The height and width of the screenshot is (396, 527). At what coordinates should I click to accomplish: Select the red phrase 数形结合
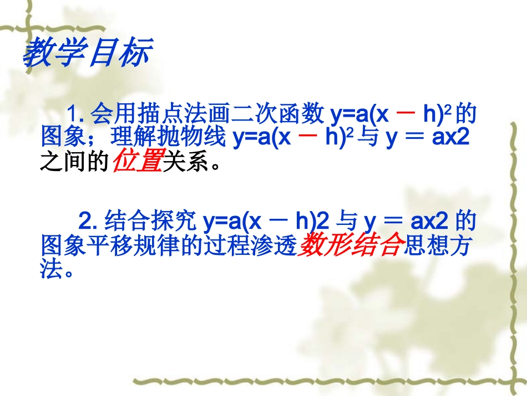click(x=349, y=247)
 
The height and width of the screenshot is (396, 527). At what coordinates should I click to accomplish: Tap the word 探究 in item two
click(x=175, y=222)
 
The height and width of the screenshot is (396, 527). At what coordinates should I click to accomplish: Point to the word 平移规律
click(x=135, y=247)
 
